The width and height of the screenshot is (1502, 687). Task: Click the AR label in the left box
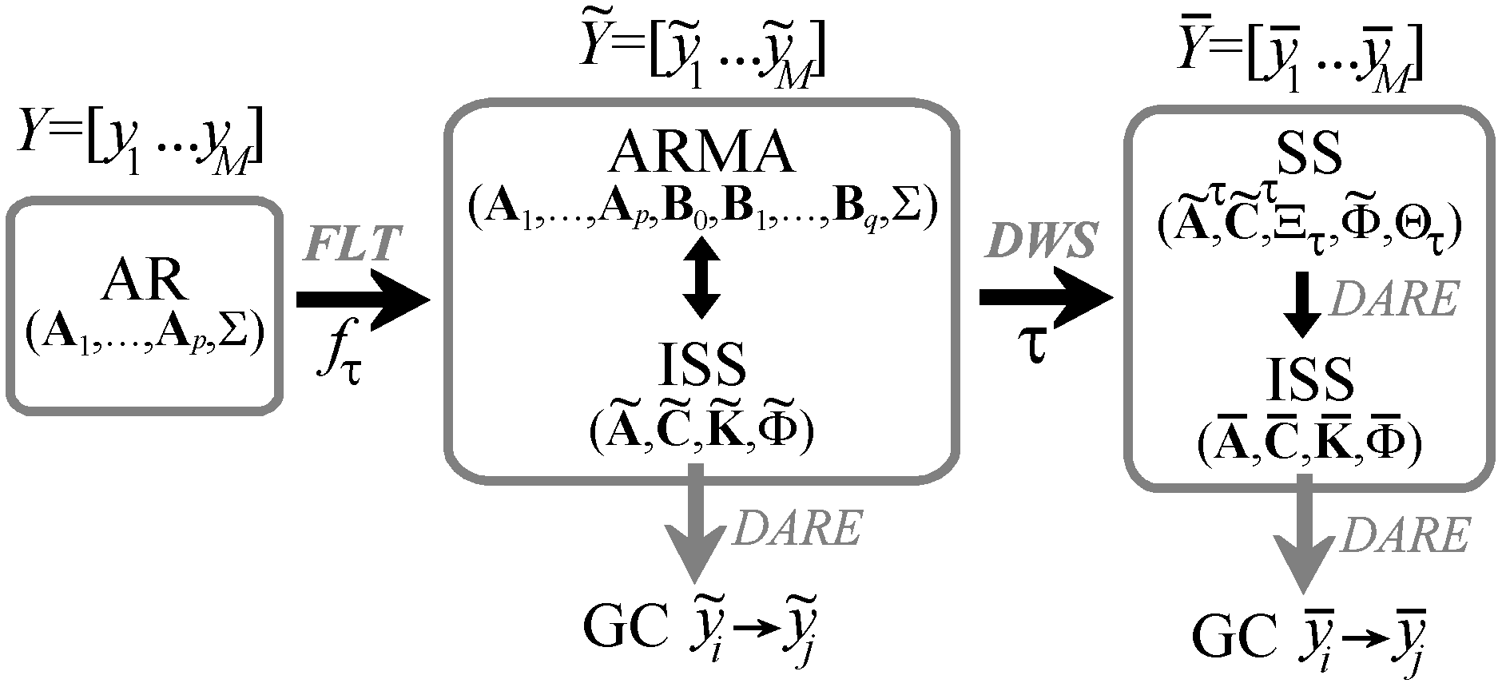pos(144,280)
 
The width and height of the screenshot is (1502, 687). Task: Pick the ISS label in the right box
pos(1310,379)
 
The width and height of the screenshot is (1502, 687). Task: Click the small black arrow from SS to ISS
pos(1302,304)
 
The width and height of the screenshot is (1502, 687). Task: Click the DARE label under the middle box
pos(797,527)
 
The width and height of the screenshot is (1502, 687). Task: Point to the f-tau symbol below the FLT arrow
pos(339,359)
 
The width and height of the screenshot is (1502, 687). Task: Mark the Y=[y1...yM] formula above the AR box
pos(140,144)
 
